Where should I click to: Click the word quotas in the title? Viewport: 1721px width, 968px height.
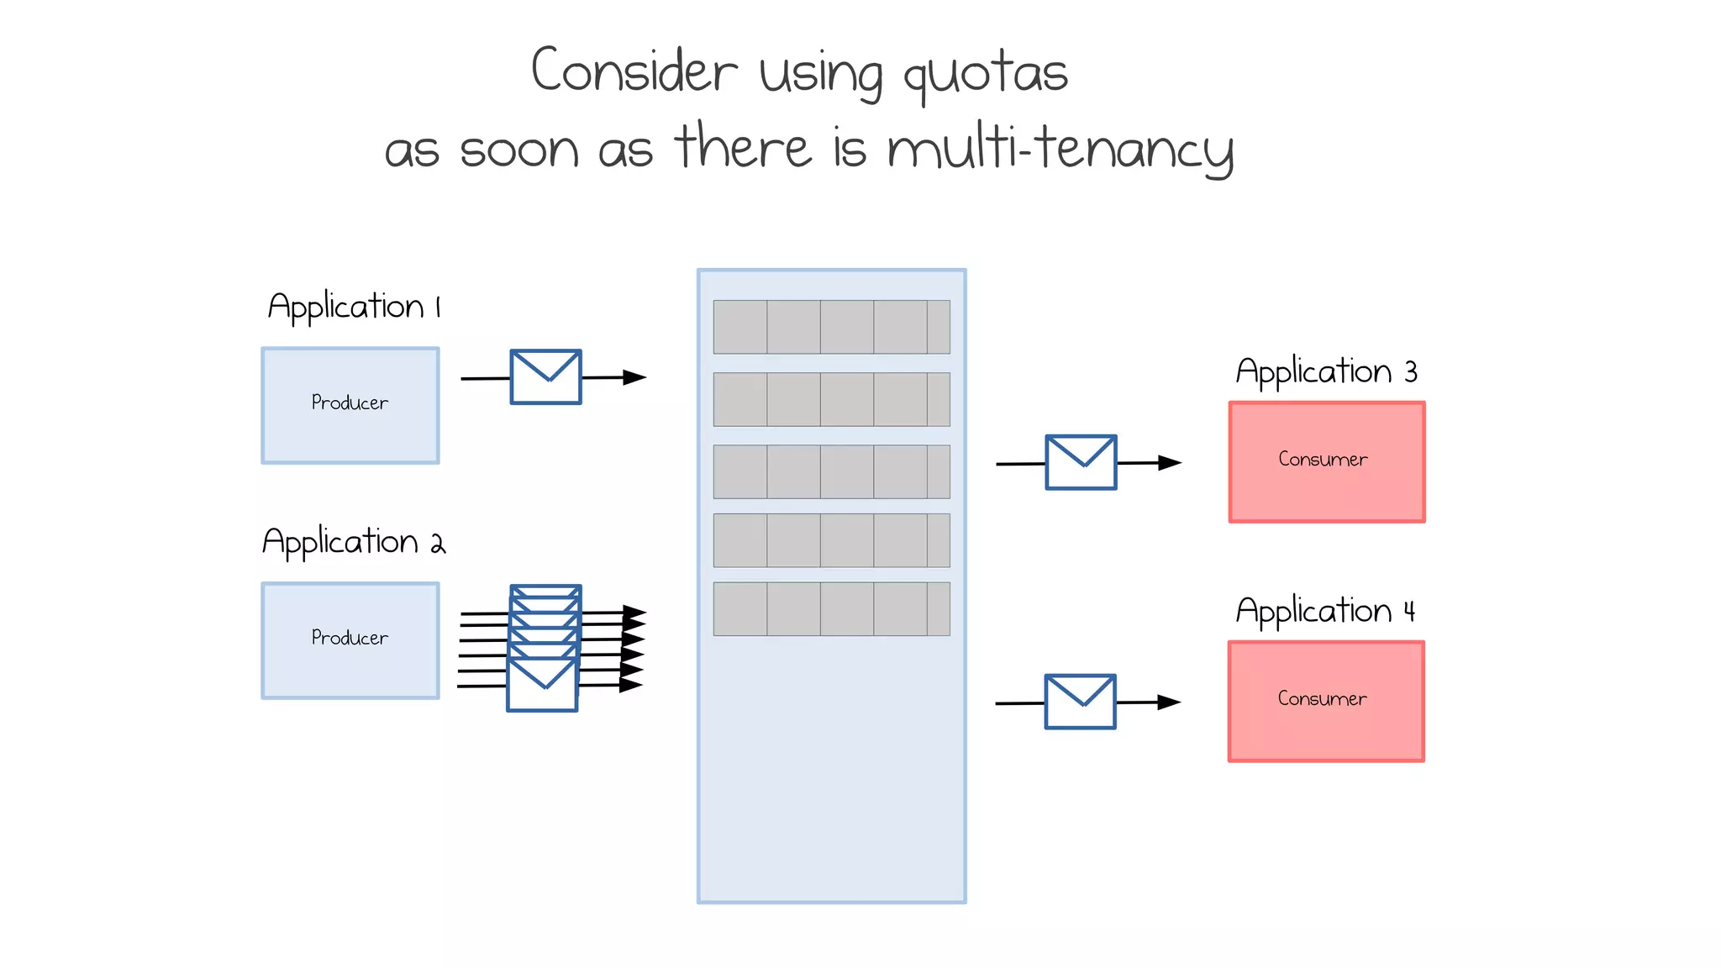(985, 74)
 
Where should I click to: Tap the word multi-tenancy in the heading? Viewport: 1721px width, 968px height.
(1060, 150)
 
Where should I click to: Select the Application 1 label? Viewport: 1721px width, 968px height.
(354, 307)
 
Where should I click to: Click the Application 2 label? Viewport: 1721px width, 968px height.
(354, 542)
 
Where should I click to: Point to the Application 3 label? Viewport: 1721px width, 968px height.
(1326, 371)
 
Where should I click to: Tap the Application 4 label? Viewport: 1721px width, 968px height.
(1325, 611)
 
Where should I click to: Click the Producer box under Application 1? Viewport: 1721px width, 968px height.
(350, 405)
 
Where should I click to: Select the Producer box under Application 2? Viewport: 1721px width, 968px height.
(350, 640)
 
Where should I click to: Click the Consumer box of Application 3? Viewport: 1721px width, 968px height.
(1327, 461)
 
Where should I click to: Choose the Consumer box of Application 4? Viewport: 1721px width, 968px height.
(1326, 702)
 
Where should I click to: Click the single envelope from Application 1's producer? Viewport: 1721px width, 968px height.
(545, 377)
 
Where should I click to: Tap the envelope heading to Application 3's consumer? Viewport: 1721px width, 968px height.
(1081, 462)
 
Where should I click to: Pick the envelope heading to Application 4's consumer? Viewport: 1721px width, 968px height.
(1080, 702)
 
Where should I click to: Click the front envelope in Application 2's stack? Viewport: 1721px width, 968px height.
(542, 686)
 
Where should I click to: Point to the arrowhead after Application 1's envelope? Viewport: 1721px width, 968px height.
(635, 377)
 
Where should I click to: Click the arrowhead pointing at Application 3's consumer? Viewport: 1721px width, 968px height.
(1171, 462)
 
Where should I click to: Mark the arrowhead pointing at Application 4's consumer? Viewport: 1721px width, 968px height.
(1170, 702)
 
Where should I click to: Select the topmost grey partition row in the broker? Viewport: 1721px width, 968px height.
(831, 327)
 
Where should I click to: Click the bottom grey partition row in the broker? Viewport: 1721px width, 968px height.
(831, 608)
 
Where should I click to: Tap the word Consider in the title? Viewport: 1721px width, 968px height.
(634, 71)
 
